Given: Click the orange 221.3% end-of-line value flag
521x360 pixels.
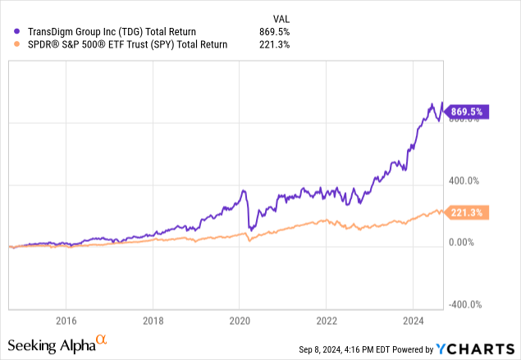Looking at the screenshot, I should [467, 212].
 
